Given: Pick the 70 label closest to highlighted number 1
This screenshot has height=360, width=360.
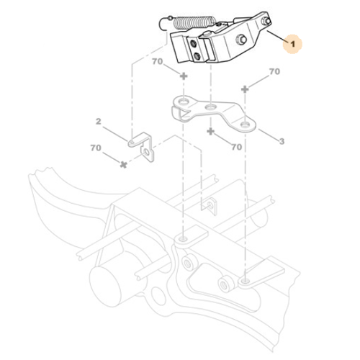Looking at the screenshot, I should (x=274, y=72).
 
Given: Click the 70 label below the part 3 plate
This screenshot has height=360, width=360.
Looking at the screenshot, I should (x=236, y=146).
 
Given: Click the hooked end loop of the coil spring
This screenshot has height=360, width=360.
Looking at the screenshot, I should (x=166, y=22).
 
